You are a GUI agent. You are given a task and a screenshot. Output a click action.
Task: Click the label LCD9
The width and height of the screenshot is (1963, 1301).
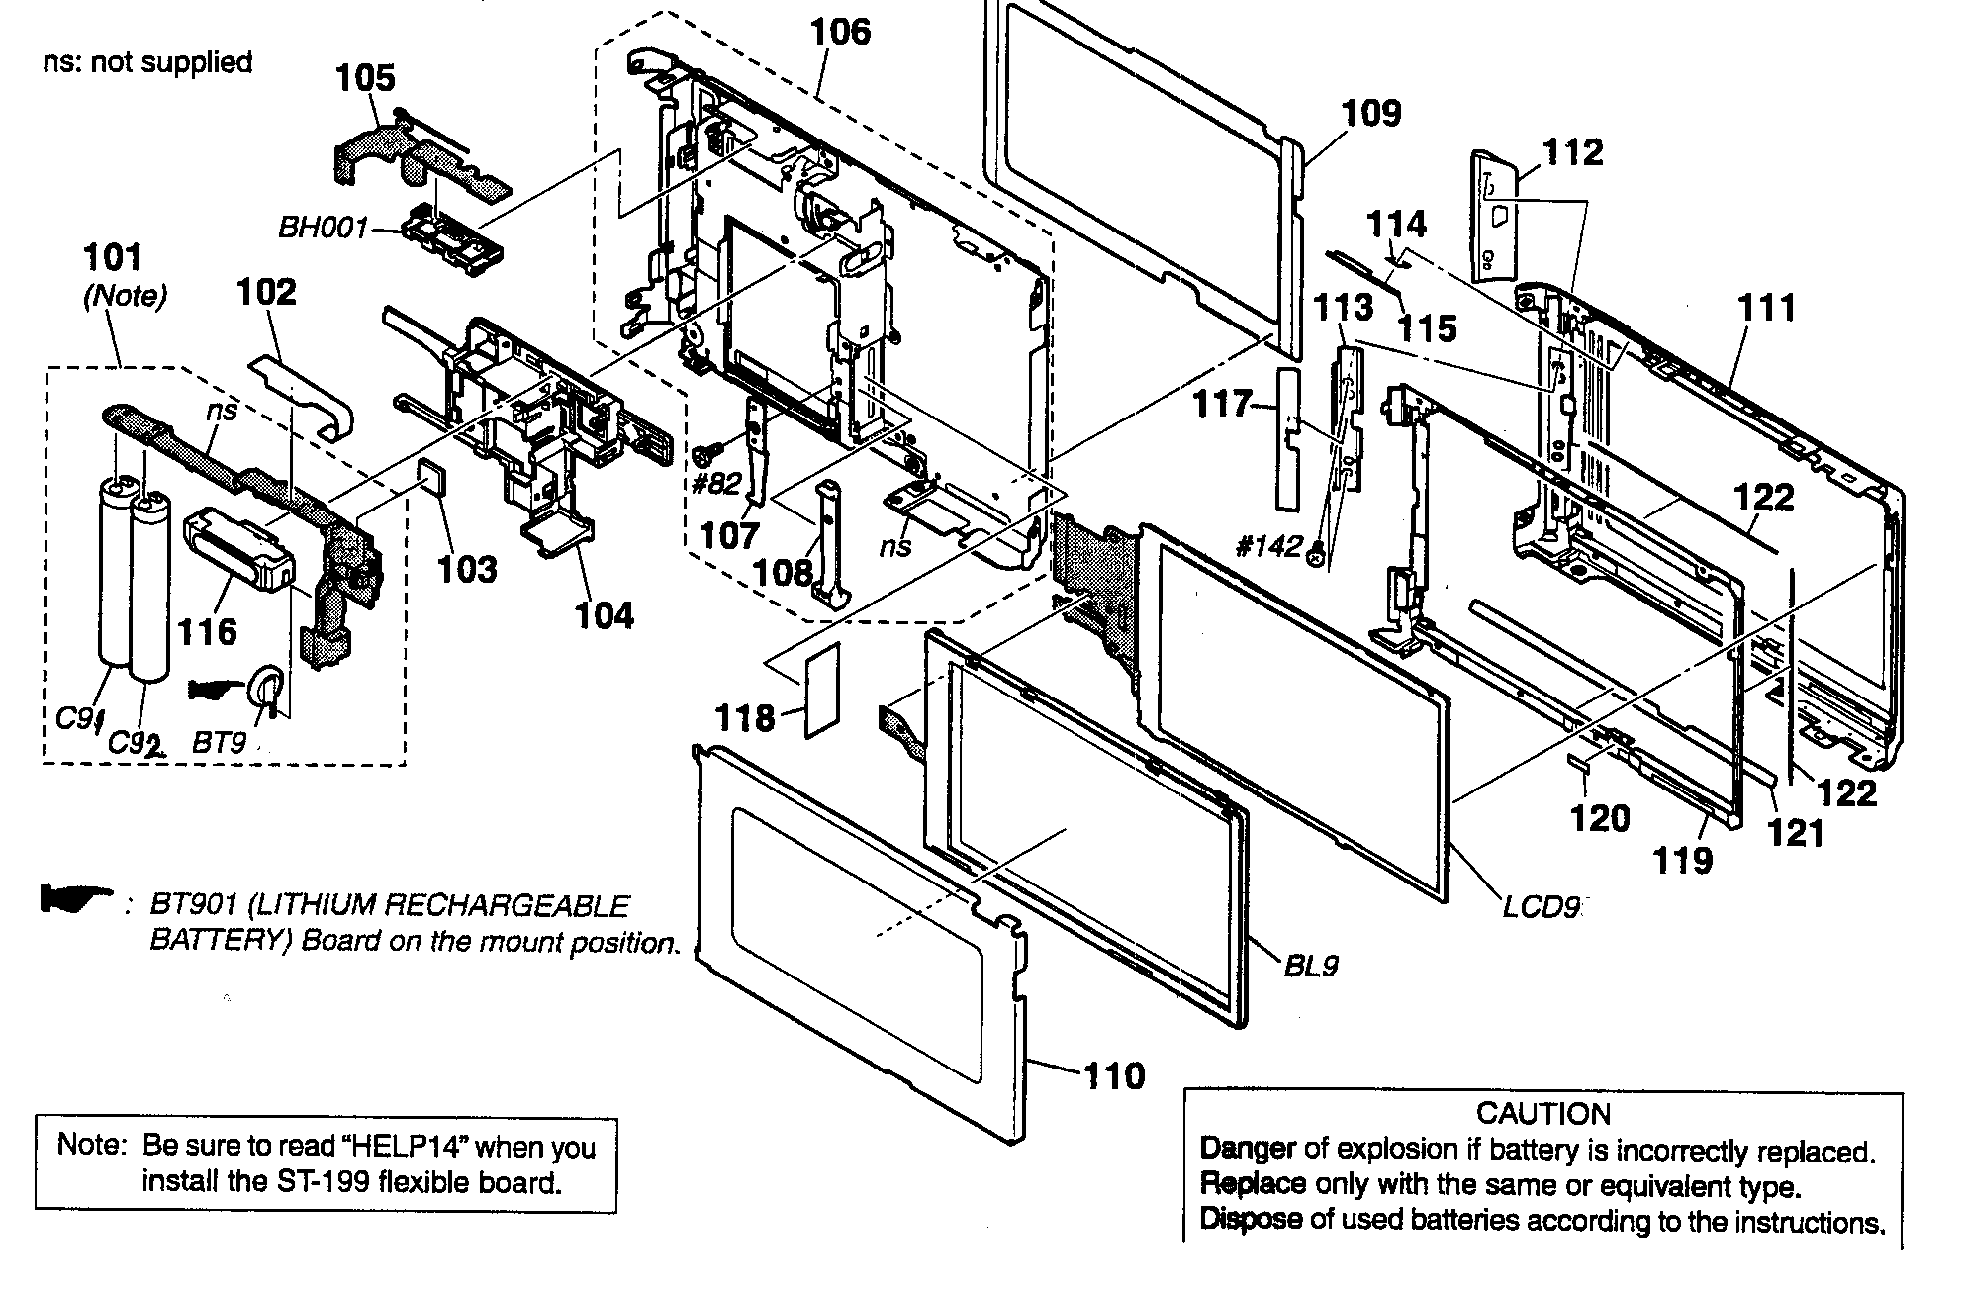coord(1540,906)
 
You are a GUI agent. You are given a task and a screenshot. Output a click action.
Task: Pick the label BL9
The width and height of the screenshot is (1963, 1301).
coord(1311,964)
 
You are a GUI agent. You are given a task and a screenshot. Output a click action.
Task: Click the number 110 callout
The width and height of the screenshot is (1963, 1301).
coord(1114,1074)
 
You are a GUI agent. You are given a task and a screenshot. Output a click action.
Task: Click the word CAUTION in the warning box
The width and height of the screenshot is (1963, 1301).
coord(1542,1114)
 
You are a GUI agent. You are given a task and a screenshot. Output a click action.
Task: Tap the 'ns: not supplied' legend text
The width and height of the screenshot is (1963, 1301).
coord(148,62)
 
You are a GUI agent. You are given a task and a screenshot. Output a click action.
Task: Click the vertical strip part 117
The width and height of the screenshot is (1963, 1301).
coord(1286,437)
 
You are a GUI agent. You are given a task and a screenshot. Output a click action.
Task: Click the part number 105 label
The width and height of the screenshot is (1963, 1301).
coord(366,77)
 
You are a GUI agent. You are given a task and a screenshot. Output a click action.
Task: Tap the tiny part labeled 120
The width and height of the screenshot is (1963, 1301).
coord(1581,762)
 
